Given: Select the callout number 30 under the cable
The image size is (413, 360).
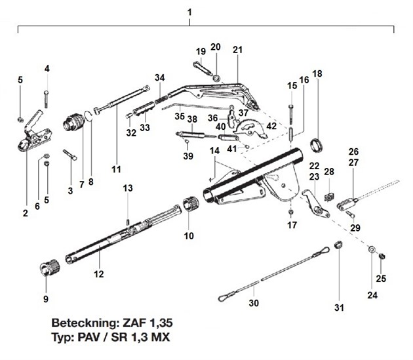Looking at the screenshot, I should (254, 303).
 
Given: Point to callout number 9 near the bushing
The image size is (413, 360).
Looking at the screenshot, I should (45, 299).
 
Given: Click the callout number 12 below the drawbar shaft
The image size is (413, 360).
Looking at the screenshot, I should (99, 273).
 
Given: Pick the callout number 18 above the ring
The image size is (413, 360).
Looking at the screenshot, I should (317, 74).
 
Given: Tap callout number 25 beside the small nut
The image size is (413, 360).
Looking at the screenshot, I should (381, 278).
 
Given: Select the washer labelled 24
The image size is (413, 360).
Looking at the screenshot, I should (371, 250).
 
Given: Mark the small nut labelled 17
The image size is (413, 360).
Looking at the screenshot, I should (289, 213).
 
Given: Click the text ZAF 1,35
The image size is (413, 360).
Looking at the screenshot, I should (146, 324).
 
